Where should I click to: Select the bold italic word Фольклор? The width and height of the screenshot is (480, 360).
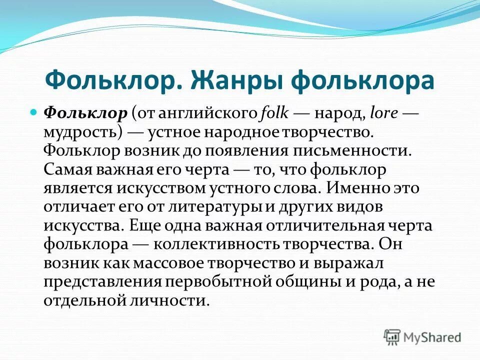coord(86,113)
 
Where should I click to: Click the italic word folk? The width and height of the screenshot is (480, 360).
coord(274,113)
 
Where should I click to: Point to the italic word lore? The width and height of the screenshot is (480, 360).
coord(384,113)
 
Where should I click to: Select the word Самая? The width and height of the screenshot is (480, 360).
coord(67,169)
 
